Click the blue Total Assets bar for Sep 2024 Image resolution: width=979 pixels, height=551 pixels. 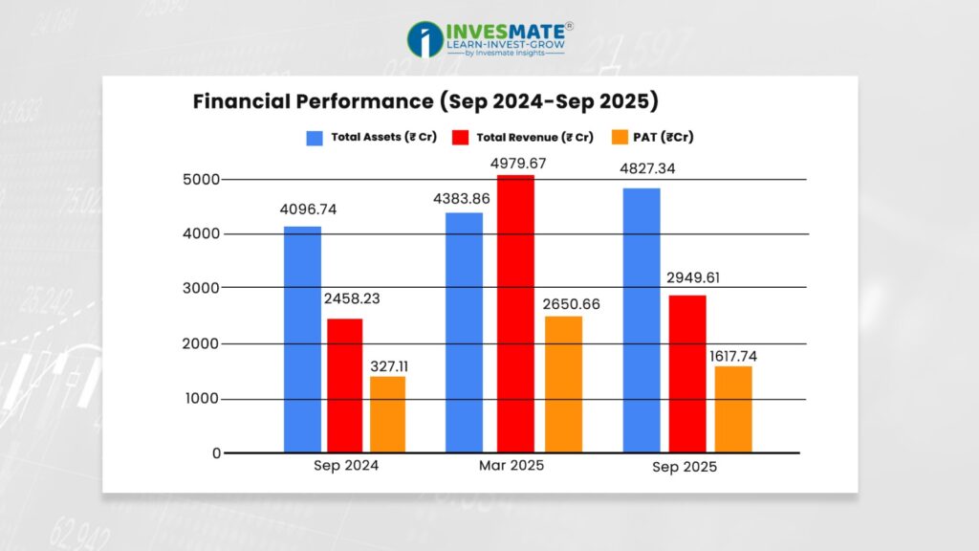(301, 339)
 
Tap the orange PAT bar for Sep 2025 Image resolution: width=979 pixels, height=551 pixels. (734, 408)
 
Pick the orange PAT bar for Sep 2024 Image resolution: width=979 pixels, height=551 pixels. (388, 413)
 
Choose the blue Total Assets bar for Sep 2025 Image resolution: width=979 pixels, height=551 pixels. (642, 320)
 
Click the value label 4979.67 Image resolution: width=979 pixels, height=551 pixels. (518, 164)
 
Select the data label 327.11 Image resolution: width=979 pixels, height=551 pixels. (387, 364)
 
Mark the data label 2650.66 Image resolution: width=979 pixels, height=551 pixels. (565, 304)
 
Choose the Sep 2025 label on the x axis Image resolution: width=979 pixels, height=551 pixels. (685, 468)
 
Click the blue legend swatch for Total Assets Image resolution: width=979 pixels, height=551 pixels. (315, 138)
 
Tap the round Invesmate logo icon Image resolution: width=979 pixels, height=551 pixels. (424, 40)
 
